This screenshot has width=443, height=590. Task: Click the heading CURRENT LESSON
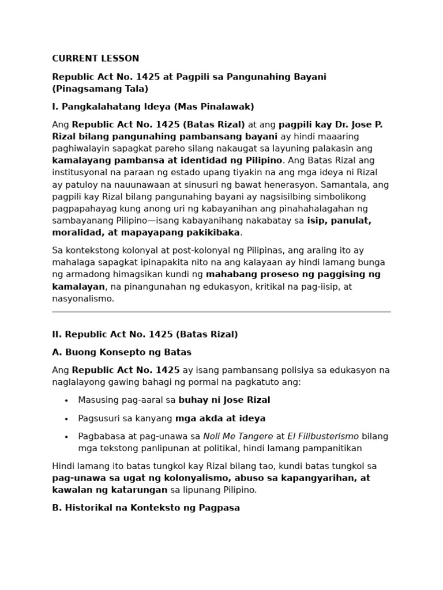click(96, 58)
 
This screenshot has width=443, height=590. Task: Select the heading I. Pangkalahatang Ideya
click(153, 107)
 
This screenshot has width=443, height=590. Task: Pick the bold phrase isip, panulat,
click(339, 221)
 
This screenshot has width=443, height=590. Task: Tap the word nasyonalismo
click(83, 298)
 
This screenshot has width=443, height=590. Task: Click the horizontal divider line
click(221, 312)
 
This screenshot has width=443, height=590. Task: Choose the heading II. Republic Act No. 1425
click(145, 334)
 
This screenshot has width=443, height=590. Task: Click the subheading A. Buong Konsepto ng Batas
click(122, 352)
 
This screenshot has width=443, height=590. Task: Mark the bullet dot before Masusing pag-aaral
click(66, 400)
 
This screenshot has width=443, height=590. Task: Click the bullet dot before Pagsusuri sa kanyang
click(66, 419)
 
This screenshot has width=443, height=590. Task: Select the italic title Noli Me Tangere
click(238, 436)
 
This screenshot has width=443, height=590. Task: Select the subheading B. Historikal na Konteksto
click(146, 508)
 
